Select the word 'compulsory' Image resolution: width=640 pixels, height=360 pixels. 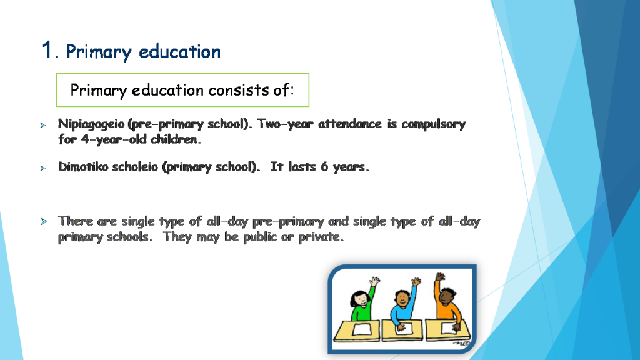(x=433, y=124)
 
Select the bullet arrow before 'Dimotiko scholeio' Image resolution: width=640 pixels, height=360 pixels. (x=43, y=169)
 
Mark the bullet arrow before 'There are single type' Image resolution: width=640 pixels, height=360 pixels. (x=43, y=222)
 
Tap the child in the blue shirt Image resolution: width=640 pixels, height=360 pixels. (x=401, y=306)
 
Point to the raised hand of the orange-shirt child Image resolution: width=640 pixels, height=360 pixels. (x=440, y=277)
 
